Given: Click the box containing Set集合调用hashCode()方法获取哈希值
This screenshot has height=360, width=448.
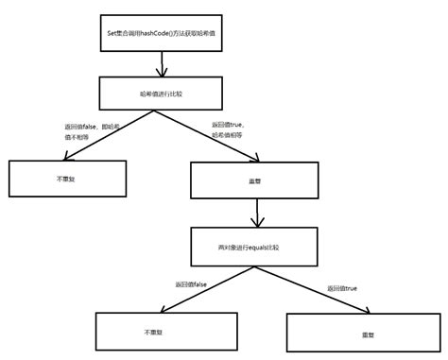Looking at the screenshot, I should [164, 33].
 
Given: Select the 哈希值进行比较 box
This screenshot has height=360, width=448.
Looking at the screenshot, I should [164, 93].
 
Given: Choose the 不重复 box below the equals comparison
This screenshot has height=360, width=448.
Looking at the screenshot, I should [154, 334].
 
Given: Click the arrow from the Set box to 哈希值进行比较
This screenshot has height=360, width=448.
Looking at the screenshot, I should [164, 63].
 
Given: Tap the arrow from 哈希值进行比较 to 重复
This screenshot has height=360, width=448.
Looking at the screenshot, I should [210, 133].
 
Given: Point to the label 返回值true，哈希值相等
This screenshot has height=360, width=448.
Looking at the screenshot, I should [237, 129].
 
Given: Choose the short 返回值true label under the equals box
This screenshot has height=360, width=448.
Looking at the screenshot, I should [341, 287].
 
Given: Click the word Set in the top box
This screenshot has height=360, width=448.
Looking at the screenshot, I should [114, 33].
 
